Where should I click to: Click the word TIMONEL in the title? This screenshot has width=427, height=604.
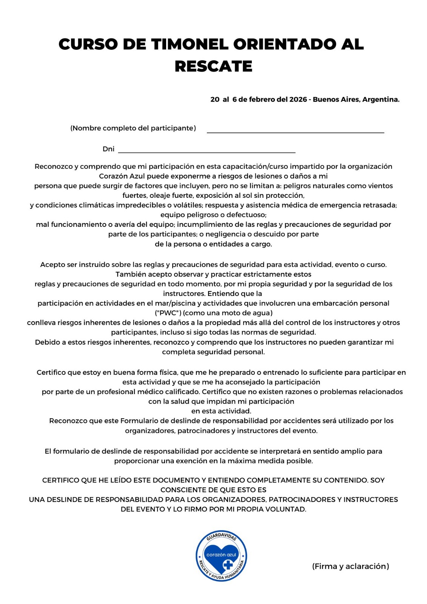point(190,44)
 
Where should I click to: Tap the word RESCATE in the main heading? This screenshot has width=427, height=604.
point(213,66)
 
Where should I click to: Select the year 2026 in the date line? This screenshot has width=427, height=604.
point(298,100)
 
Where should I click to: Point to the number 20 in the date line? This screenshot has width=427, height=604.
point(215,100)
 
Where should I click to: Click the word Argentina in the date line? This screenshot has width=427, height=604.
point(381,100)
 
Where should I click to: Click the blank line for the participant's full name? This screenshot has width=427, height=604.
point(295,130)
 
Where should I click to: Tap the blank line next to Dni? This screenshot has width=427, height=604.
point(207,150)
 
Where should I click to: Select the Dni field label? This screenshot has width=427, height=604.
point(108,149)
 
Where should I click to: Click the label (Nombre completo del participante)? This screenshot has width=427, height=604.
point(133,128)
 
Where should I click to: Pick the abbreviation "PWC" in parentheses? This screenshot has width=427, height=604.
point(168,313)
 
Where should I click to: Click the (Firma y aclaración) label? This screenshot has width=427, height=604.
point(350,566)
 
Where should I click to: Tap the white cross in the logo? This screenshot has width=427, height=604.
point(228,565)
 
